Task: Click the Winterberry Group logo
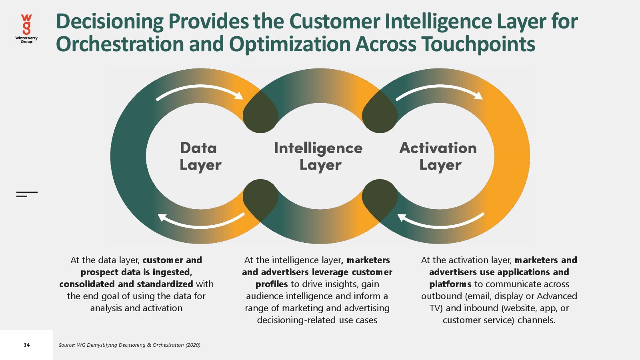point(26,28)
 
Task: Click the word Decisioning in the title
point(110,22)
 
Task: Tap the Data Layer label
point(200,156)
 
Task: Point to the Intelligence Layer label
point(318,156)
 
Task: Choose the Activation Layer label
point(438,156)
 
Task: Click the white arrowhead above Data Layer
point(239,96)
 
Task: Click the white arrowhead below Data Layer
point(162,217)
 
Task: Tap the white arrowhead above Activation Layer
point(478,96)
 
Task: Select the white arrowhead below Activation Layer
point(402,217)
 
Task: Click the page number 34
point(27,345)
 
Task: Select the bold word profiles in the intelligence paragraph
point(272,284)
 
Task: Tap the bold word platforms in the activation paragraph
point(450,284)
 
